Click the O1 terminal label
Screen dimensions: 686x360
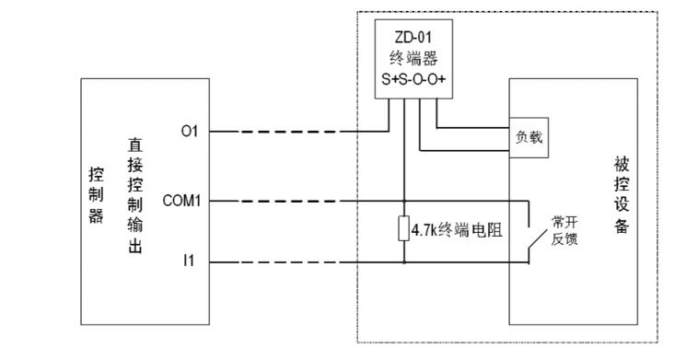pyautogui.click(x=190, y=131)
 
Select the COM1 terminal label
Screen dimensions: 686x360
pyautogui.click(x=181, y=201)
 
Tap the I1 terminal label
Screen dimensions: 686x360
pyautogui.click(x=189, y=261)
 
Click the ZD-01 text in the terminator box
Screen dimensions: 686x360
pyautogui.click(x=413, y=37)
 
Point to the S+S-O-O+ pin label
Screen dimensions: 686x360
pyautogui.click(x=413, y=79)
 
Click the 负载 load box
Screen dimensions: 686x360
pyautogui.click(x=529, y=137)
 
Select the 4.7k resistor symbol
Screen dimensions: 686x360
pyautogui.click(x=404, y=228)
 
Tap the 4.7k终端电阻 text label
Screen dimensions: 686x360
pyautogui.click(x=457, y=229)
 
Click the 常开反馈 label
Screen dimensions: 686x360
pyautogui.click(x=564, y=230)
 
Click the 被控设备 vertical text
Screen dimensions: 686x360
pyautogui.click(x=622, y=195)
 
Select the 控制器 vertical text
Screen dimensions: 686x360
pyautogui.click(x=97, y=195)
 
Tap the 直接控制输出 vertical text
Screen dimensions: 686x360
pyautogui.click(x=135, y=195)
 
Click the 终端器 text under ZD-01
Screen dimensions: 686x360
pyautogui.click(x=413, y=58)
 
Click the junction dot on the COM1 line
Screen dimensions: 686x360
pyautogui.click(x=404, y=202)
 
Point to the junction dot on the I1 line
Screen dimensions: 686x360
pyautogui.click(x=404, y=262)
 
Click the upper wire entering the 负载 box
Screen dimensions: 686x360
pyautogui.click(x=473, y=128)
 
